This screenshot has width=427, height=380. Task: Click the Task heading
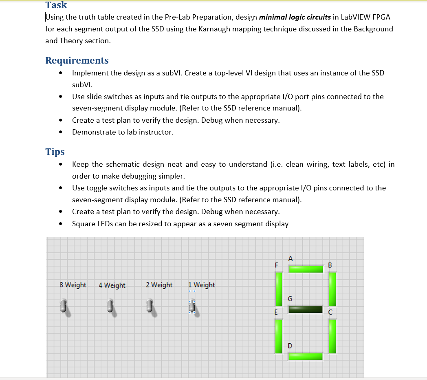pos(56,5)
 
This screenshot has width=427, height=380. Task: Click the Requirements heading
pos(77,60)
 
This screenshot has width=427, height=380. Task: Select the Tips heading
pos(55,152)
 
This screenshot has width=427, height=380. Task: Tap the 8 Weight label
pos(73,285)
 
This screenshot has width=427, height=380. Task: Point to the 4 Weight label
pos(112,285)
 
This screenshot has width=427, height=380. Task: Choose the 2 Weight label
pos(159,285)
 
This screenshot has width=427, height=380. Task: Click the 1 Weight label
pos(202,285)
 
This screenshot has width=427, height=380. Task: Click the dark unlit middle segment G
pos(306,309)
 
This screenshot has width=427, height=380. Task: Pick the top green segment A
pos(306,269)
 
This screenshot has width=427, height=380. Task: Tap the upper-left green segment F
pos(279,289)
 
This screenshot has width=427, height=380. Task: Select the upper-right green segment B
pos(332,289)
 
